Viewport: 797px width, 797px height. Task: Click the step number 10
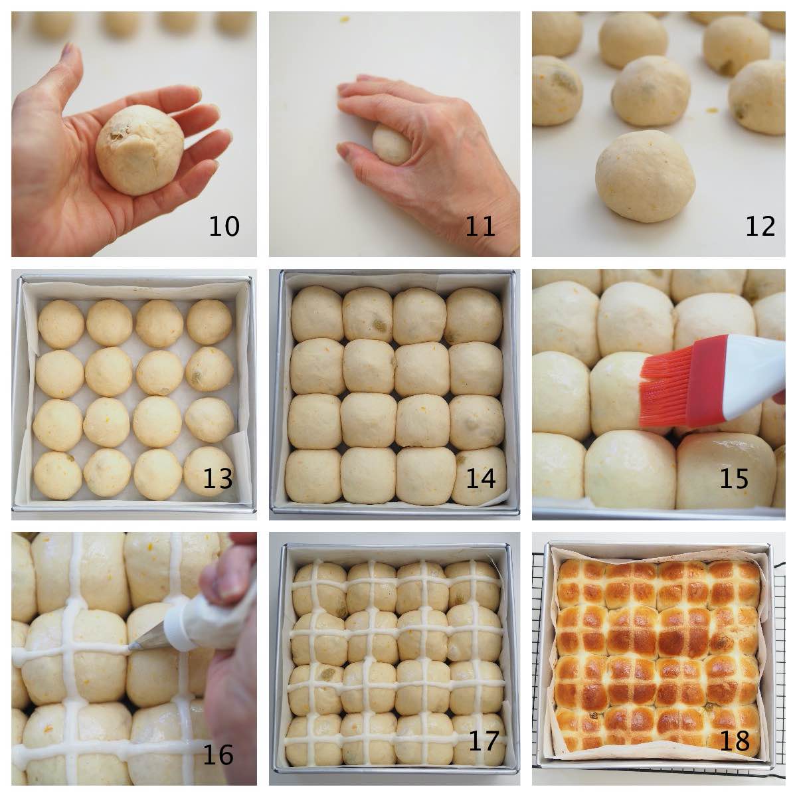pos(224,226)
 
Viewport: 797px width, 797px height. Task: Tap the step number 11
pos(480,226)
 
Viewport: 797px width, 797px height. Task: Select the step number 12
pos(760,226)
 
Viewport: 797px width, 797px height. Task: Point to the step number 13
pos(218,479)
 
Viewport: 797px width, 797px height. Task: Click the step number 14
pos(481,479)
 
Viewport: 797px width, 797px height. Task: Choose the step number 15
pos(734,479)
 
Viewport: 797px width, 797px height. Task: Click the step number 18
pos(735,741)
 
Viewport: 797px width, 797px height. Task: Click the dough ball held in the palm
pos(139,149)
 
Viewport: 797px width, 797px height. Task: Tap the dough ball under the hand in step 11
pos(391,145)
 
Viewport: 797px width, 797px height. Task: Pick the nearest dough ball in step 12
pos(645,176)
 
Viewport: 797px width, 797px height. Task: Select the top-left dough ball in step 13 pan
pos(61,324)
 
